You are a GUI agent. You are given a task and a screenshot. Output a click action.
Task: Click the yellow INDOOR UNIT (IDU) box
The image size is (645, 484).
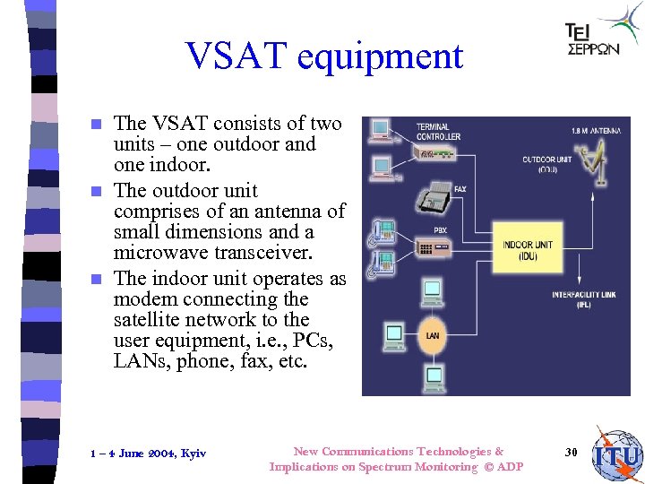pyautogui.click(x=528, y=250)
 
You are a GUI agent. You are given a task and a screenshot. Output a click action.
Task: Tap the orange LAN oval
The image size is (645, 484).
pyautogui.click(x=432, y=335)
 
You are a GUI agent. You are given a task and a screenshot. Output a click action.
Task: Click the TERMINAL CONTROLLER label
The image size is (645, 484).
pyautogui.click(x=438, y=131)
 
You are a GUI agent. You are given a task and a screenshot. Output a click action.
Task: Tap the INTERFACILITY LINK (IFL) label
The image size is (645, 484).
pyautogui.click(x=582, y=298)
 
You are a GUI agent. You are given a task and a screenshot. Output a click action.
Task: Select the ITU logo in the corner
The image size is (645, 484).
pyautogui.click(x=617, y=455)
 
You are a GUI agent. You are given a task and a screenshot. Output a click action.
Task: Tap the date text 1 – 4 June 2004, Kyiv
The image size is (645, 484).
pyautogui.click(x=149, y=454)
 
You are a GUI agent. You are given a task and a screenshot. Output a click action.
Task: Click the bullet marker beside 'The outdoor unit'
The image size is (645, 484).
pyautogui.click(x=100, y=191)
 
